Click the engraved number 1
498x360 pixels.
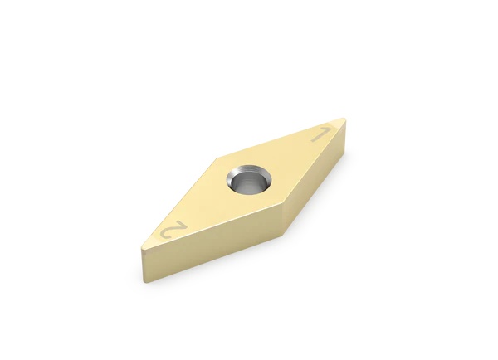(322, 135)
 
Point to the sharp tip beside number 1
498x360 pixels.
(344, 119)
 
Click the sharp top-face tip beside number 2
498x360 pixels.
(142, 248)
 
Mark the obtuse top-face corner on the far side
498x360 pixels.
(217, 158)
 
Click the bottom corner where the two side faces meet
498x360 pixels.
(283, 236)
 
